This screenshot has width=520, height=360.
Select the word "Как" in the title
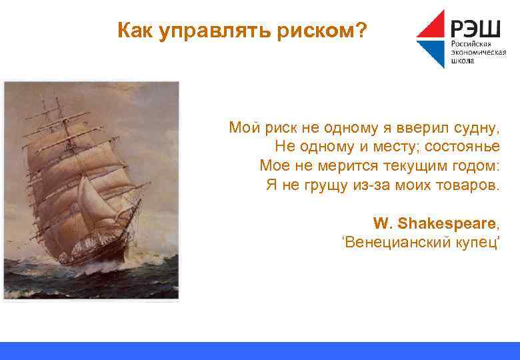coord(135,31)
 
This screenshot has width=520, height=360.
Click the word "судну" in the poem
coord(478,127)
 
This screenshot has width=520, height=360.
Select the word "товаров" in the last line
coord(470,185)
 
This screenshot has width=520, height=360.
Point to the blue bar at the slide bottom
coord(260,351)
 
